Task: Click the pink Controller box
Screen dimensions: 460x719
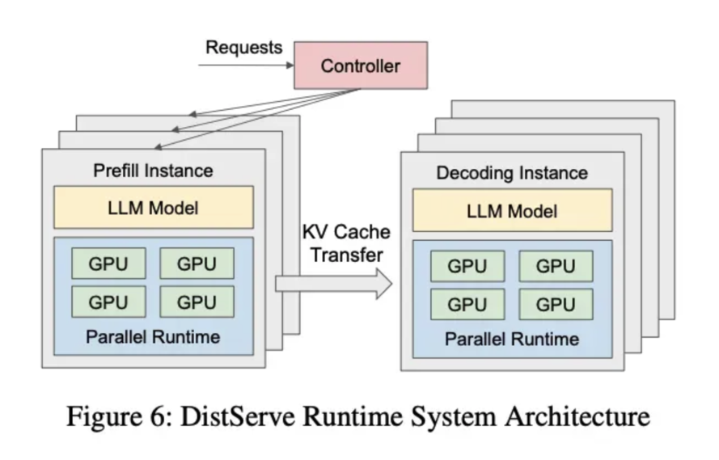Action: pyautogui.click(x=360, y=65)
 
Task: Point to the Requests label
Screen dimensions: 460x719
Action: pyautogui.click(x=243, y=47)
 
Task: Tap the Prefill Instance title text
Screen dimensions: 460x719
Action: pyautogui.click(x=153, y=171)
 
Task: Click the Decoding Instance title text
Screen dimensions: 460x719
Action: pyautogui.click(x=512, y=173)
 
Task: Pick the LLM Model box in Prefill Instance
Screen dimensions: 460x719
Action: pyautogui.click(x=153, y=207)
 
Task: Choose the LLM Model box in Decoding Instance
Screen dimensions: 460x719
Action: pyautogui.click(x=512, y=210)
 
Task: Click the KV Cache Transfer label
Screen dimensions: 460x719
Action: pyautogui.click(x=345, y=243)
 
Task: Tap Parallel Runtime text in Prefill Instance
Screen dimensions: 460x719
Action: pyautogui.click(x=153, y=336)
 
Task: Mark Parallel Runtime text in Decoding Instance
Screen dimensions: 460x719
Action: pyautogui.click(x=512, y=339)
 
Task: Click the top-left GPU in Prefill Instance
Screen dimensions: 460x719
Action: pyautogui.click(x=108, y=263)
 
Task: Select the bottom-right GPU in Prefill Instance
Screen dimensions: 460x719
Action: pyautogui.click(x=197, y=302)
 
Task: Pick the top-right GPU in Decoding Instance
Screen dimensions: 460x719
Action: pyautogui.click(x=556, y=266)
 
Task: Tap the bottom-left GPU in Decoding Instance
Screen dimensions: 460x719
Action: pyautogui.click(x=467, y=304)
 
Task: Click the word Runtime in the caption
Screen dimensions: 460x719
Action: pyautogui.click(x=340, y=417)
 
